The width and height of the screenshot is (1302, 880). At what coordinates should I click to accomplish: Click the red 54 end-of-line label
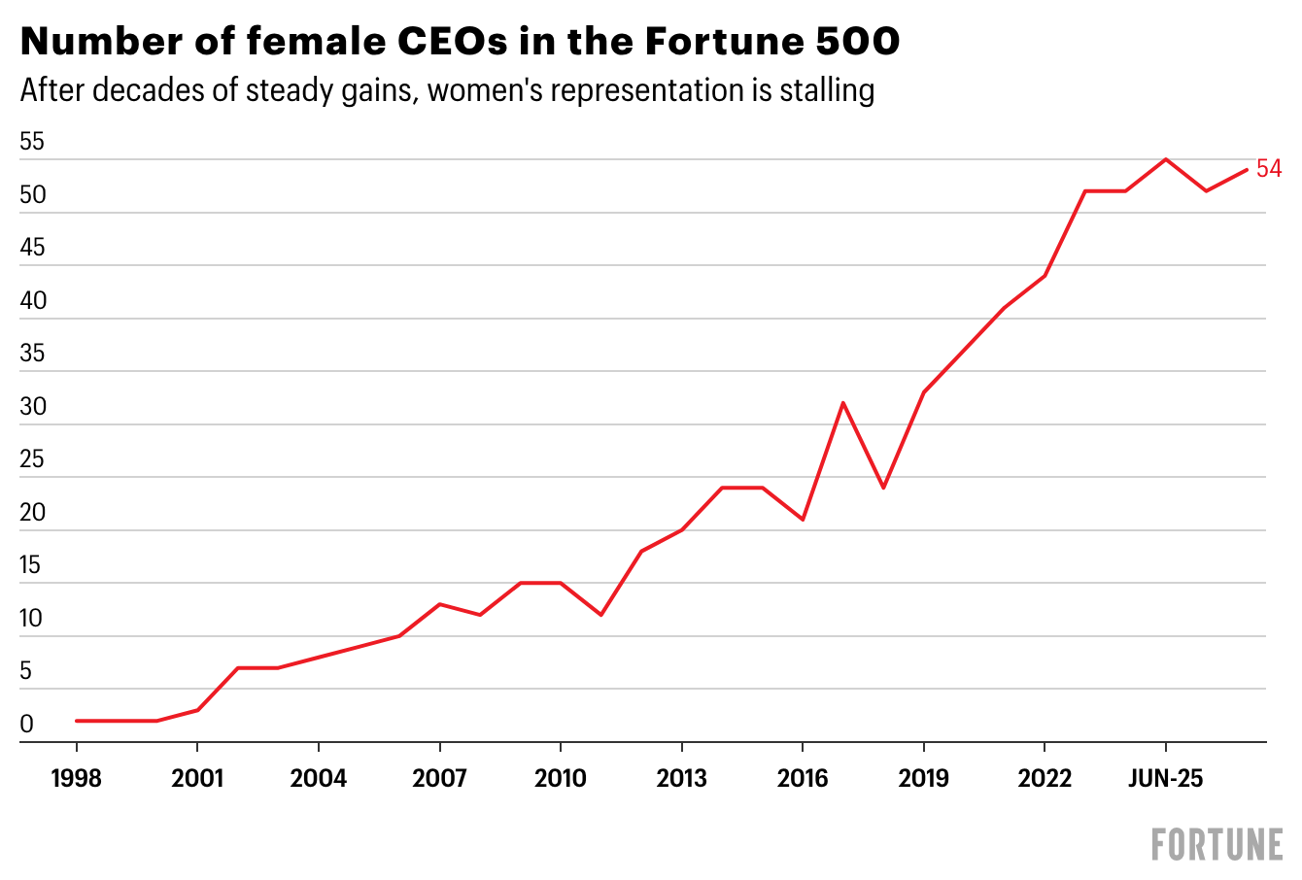point(1269,168)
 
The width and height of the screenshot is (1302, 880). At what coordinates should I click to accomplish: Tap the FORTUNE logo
point(1217,845)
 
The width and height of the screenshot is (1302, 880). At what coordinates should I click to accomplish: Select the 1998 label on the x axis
point(76,778)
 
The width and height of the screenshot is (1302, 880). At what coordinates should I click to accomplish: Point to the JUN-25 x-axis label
point(1165,778)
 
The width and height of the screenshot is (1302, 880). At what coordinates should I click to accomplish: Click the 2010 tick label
point(561,778)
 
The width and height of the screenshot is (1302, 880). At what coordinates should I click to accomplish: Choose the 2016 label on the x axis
point(803,778)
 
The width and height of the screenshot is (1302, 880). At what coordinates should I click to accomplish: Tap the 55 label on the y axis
point(32,141)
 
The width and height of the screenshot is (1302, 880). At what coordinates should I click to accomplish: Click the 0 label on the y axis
point(27,724)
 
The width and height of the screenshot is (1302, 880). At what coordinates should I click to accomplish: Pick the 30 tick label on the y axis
point(33,407)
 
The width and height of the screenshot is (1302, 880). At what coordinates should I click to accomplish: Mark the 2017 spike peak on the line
point(842,402)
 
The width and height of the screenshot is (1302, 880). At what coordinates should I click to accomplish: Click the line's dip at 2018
point(883,488)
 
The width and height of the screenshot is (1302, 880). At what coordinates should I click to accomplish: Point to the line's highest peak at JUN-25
point(1165,159)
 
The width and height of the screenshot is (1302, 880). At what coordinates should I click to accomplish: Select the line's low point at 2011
point(601,615)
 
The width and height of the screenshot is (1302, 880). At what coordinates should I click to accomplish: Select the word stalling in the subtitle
point(827,90)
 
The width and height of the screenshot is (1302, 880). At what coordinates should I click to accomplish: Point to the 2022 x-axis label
point(1045,778)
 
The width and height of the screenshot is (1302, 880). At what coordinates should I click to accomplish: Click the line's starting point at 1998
point(76,721)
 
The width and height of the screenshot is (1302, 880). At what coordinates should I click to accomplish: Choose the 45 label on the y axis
point(32,248)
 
